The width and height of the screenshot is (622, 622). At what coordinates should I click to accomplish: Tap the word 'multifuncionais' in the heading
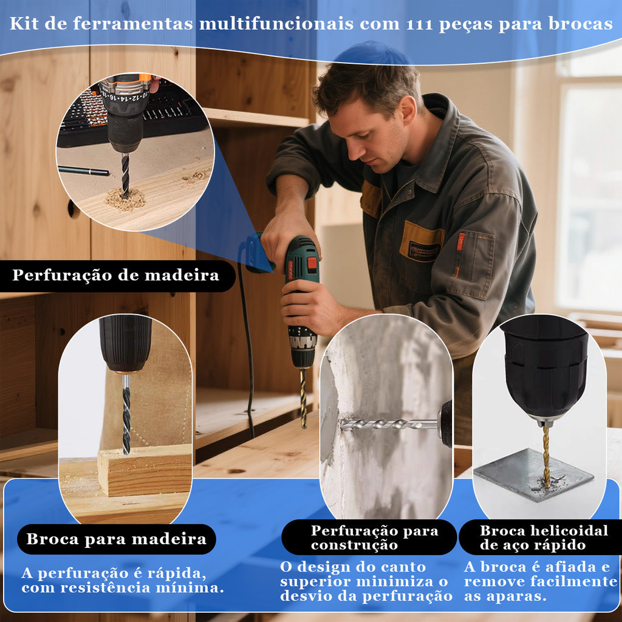click(276, 24)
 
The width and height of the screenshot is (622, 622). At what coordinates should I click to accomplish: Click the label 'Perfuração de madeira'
click(115, 275)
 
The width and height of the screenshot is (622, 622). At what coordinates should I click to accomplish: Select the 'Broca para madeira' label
click(116, 539)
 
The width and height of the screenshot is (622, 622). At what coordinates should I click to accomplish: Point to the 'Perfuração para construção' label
click(374, 538)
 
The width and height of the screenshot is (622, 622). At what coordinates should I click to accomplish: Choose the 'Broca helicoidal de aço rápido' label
click(544, 538)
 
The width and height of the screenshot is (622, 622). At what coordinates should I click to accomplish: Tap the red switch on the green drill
click(313, 264)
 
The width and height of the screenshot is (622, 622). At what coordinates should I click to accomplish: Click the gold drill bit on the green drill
click(304, 398)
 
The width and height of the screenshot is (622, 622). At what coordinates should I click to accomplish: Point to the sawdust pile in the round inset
click(125, 199)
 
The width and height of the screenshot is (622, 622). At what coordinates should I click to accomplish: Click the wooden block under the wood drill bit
click(145, 471)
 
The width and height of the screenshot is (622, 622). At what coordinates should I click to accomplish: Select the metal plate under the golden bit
click(533, 474)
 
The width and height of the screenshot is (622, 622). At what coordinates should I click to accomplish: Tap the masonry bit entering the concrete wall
click(389, 425)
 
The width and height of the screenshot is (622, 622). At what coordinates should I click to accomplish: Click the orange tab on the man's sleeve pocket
click(460, 242)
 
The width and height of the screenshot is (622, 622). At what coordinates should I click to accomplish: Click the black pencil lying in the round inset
click(83, 171)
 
